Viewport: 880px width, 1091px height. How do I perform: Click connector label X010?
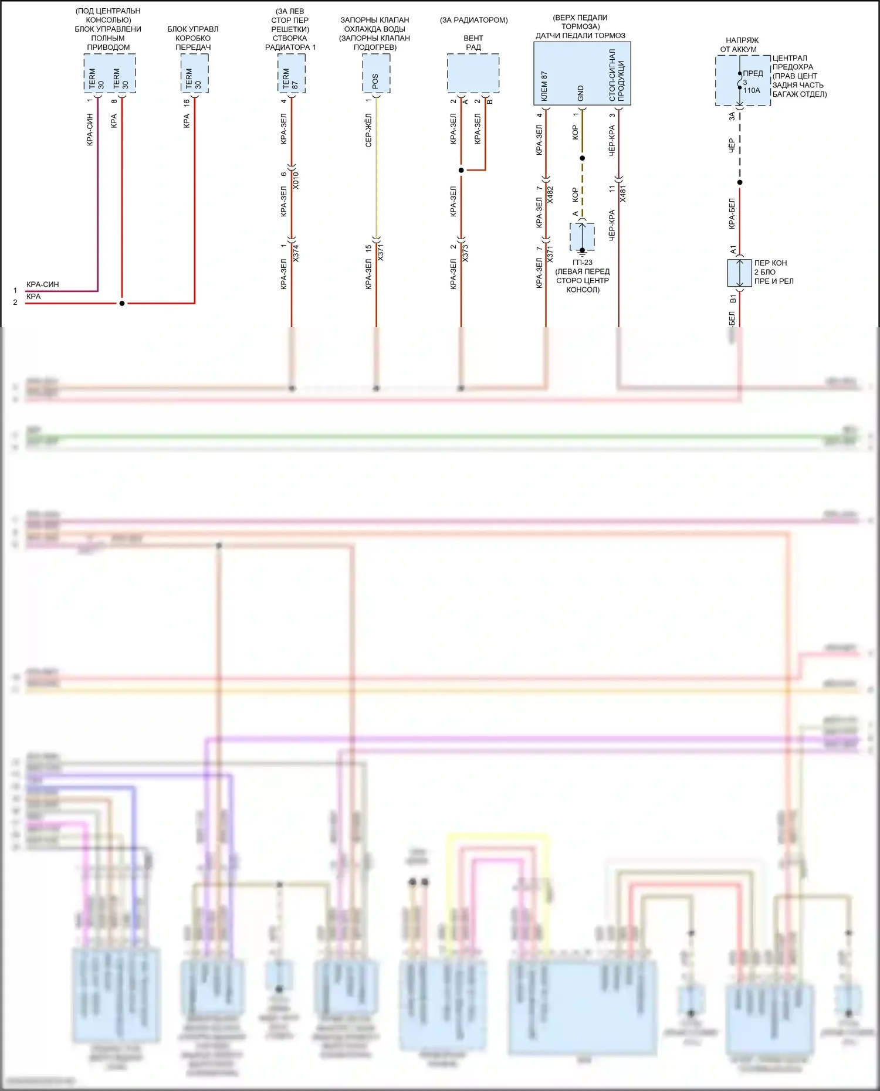click(x=296, y=180)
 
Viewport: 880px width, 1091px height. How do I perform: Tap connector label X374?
click(x=296, y=253)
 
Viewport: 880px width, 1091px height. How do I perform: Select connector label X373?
click(x=465, y=253)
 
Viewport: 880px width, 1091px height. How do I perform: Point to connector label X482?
click(x=550, y=195)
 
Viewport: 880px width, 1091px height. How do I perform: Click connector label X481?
click(x=622, y=193)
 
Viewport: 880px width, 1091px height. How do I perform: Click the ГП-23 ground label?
click(x=583, y=263)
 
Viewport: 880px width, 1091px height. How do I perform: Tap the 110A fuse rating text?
click(x=752, y=91)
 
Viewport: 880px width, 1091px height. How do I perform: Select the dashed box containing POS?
click(x=376, y=73)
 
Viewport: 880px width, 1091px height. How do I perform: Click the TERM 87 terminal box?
click(x=291, y=73)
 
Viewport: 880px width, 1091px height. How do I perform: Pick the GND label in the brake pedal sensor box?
click(x=581, y=93)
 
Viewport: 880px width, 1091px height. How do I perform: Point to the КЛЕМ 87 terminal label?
click(x=544, y=86)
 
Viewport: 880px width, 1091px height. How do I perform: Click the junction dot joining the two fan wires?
click(x=461, y=171)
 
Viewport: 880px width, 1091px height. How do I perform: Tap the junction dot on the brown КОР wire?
click(x=582, y=158)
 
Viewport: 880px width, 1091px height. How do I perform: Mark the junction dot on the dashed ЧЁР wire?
click(x=740, y=182)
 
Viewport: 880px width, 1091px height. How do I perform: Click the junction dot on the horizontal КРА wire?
click(x=122, y=304)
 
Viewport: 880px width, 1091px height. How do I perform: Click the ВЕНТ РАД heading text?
click(x=473, y=42)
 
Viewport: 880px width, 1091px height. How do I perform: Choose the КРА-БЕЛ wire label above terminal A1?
click(x=732, y=213)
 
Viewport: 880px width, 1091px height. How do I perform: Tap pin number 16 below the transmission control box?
click(x=187, y=102)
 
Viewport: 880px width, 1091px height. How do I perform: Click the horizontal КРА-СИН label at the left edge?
click(x=43, y=284)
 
